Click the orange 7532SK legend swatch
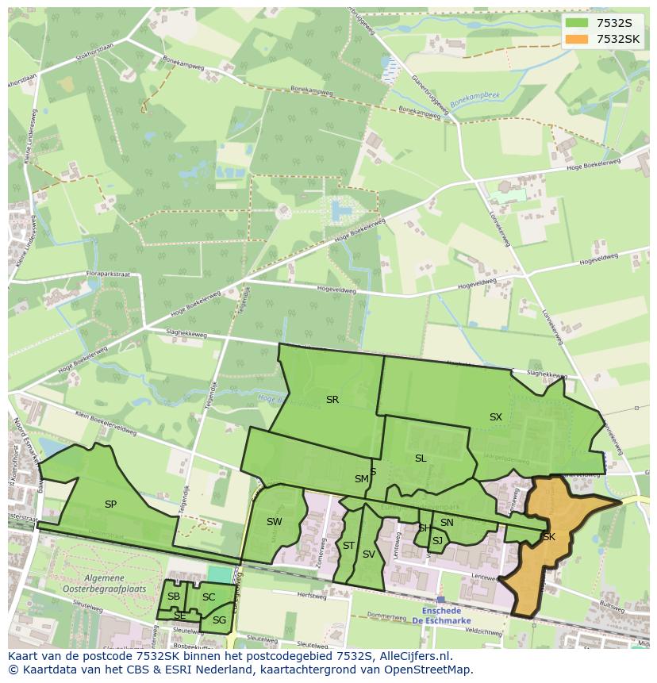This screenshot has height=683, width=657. pyautogui.click(x=578, y=39)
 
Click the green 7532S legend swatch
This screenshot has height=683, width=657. pyautogui.click(x=578, y=23)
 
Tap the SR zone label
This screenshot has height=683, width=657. pyautogui.click(x=332, y=400)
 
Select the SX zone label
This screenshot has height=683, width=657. pyautogui.click(x=496, y=416)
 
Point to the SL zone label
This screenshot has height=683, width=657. pyautogui.click(x=421, y=459)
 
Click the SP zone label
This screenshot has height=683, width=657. pyautogui.click(x=110, y=505)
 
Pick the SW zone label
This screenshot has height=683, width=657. pyautogui.click(x=275, y=522)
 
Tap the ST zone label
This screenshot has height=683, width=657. pyautogui.click(x=348, y=546)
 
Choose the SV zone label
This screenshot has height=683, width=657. pyautogui.click(x=368, y=554)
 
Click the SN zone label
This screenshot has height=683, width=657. pyautogui.click(x=447, y=523)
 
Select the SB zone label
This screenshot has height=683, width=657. pyautogui.click(x=174, y=597)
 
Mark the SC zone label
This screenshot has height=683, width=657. pyautogui.click(x=209, y=597)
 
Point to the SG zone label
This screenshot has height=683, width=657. pyautogui.click(x=219, y=620)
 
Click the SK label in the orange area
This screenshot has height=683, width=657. pyautogui.click(x=549, y=537)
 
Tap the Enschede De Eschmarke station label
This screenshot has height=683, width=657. pyautogui.click(x=441, y=615)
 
